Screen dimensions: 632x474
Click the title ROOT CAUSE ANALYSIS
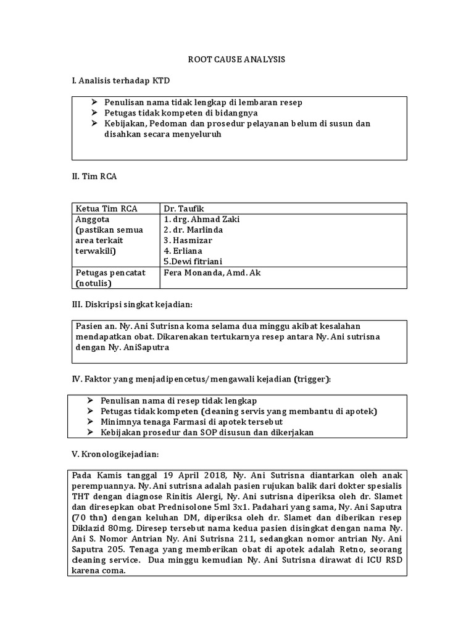click(236, 59)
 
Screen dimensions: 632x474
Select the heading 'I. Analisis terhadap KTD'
click(121, 81)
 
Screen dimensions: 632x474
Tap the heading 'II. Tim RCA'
click(94, 177)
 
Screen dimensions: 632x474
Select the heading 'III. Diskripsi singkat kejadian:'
click(133, 304)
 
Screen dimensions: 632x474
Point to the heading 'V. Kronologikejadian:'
click(115, 454)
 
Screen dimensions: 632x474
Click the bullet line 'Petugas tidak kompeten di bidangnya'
click(181, 113)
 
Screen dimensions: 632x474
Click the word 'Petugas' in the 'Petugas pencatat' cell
click(91, 272)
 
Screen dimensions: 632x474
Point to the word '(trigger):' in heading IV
click(312, 379)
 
